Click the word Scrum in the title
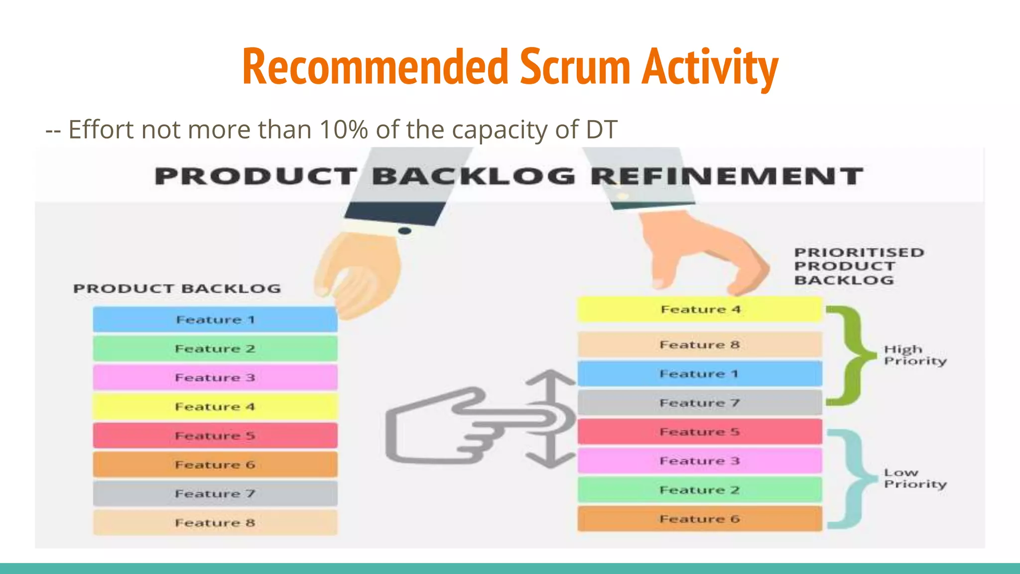tap(575, 67)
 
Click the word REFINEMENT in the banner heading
tap(727, 176)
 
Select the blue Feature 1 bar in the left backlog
tap(215, 319)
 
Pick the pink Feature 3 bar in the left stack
tap(215, 378)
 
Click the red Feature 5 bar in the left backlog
tap(215, 435)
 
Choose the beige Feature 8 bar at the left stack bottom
tap(215, 523)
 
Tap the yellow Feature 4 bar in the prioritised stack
tap(700, 309)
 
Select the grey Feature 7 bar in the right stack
tap(700, 403)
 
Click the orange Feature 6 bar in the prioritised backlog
tap(700, 519)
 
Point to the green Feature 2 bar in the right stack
tap(700, 490)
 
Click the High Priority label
tap(914, 355)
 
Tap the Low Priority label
tap(914, 478)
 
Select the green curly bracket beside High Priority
tap(853, 355)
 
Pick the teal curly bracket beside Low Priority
tap(853, 478)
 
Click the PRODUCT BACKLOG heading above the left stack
tap(177, 288)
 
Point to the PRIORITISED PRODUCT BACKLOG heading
tap(858, 266)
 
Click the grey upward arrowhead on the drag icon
tap(550, 377)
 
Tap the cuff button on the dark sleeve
tap(405, 231)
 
